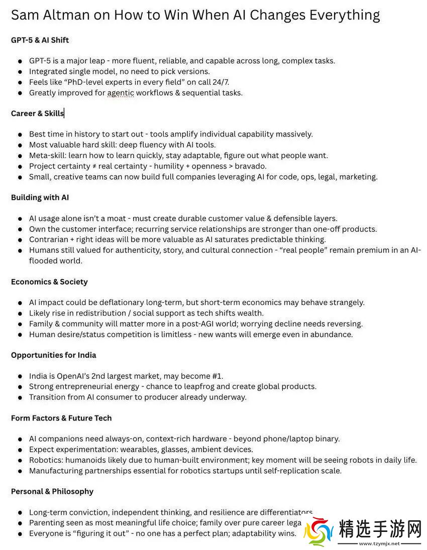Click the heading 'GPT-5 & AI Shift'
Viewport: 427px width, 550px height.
[x=40, y=40]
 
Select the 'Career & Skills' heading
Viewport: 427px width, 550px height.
[x=37, y=113]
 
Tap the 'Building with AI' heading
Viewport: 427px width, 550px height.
[x=40, y=198]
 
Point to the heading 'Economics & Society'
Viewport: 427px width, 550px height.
[x=49, y=282]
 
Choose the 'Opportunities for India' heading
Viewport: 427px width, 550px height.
[x=53, y=355]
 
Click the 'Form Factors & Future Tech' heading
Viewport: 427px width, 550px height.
[x=61, y=418]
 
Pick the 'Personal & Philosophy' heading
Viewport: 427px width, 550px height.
[x=52, y=492]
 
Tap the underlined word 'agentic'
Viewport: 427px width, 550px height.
[x=121, y=93]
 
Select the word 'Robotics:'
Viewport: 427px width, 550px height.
[x=46, y=460]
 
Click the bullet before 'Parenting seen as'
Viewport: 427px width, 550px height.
[x=20, y=523]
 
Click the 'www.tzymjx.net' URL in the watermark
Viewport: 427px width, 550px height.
[x=379, y=543]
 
